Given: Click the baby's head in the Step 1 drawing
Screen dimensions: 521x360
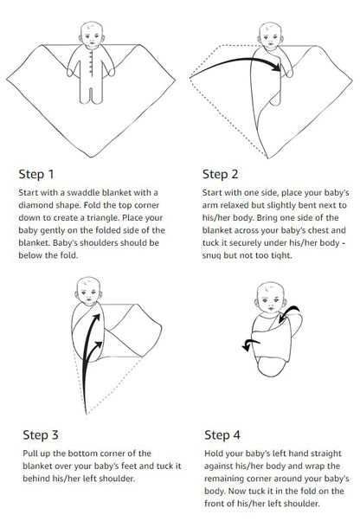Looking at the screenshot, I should pos(91,35).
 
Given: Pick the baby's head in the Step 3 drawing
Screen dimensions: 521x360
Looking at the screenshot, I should pos(87,290).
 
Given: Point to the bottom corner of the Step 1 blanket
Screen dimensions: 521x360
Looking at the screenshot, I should pos(92,148).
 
